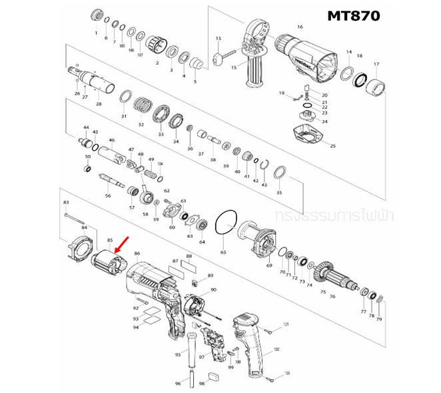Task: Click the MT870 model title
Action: pos(352,16)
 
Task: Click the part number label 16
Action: pos(300,27)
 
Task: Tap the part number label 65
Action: pos(223,252)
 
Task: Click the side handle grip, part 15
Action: pos(254,67)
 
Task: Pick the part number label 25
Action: pos(332,145)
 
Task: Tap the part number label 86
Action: pos(137,254)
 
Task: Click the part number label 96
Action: pos(178,384)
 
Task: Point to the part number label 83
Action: pos(66,202)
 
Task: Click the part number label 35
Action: pos(279,192)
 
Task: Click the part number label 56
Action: pos(108,195)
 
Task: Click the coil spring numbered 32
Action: pos(143,106)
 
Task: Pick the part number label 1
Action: pos(95,33)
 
